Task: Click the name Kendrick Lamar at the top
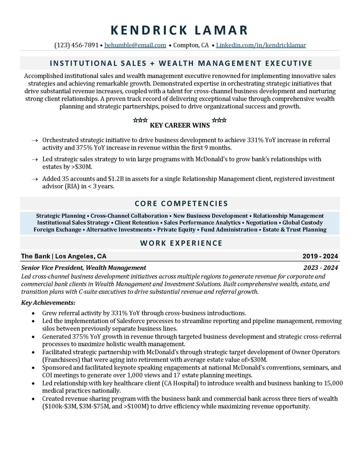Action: pos(179,30)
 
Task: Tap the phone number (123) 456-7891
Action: pos(76,45)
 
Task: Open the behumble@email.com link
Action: pos(135,45)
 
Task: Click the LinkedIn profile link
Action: pos(261,45)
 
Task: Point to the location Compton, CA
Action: pos(191,45)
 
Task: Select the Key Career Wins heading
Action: pos(180,125)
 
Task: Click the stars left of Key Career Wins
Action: pos(140,120)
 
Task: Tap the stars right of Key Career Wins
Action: pos(219,120)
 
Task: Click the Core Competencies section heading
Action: pos(181,203)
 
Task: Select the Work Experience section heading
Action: pos(181,243)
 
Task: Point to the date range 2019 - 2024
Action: pos(320,256)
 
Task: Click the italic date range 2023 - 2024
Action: pos(320,268)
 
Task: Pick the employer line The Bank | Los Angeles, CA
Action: pos(64,256)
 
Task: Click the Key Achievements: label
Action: pos(48,303)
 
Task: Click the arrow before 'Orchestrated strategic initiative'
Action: pos(35,140)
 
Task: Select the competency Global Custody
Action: pos(303,223)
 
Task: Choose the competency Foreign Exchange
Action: pos(57,230)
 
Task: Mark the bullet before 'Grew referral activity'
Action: pos(33,313)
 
